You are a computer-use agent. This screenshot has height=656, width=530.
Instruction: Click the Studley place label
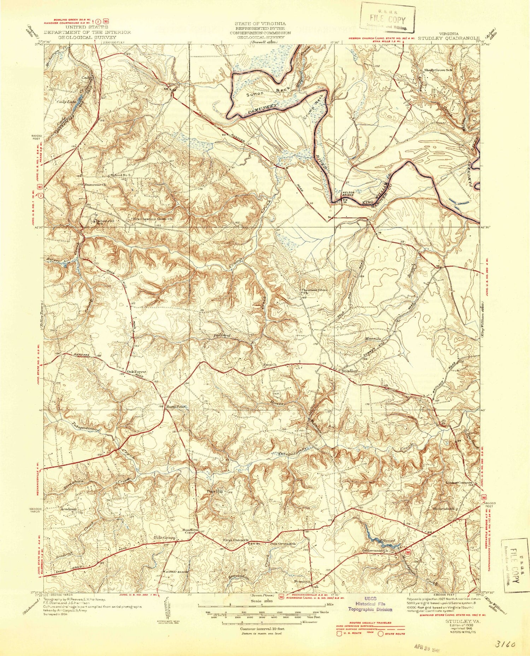350,371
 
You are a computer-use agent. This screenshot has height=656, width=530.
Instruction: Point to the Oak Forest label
137,371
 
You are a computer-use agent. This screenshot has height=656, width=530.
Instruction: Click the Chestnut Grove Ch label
314,291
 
